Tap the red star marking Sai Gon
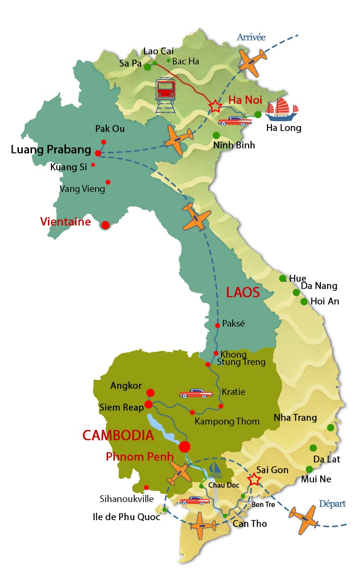(254, 480)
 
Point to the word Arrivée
(250, 37)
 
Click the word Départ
(332, 504)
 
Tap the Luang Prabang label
(51, 150)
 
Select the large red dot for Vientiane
(105, 225)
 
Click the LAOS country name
(243, 293)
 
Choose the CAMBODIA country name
(118, 435)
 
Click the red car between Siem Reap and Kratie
(196, 393)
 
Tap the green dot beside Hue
(282, 278)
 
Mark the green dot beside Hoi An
(304, 301)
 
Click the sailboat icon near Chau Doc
(216, 469)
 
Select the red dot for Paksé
(218, 326)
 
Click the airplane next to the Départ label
(303, 519)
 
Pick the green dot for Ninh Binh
(216, 135)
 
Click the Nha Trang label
(295, 417)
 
